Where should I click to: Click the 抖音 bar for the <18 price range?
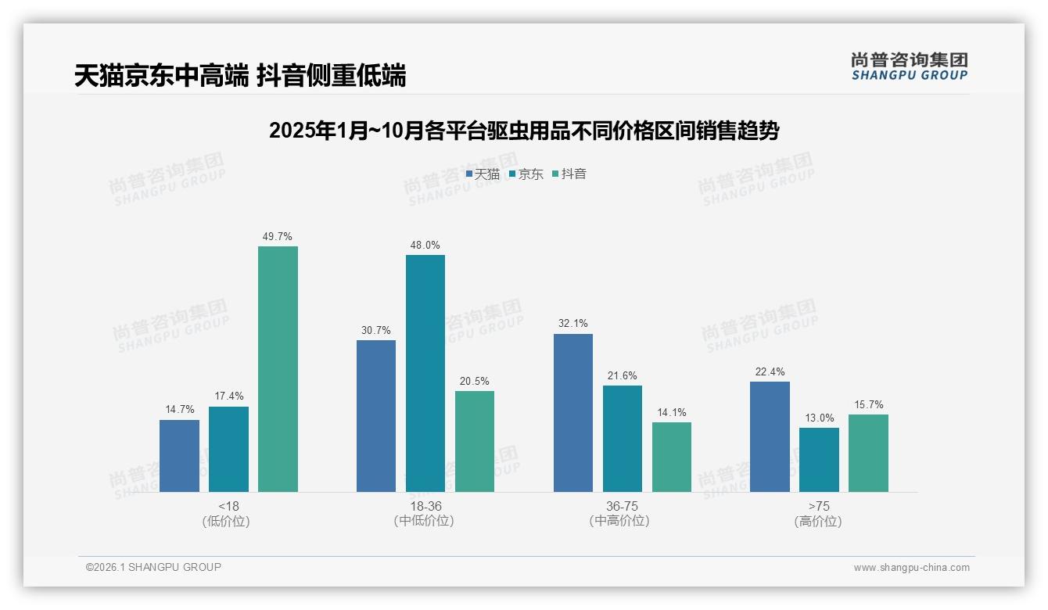[x=278, y=369]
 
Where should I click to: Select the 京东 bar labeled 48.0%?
[x=425, y=373]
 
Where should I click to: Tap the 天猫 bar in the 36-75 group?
[x=573, y=413]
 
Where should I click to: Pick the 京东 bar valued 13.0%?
[x=819, y=460]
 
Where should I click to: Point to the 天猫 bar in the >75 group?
[x=770, y=436]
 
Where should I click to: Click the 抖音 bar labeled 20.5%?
[x=475, y=441]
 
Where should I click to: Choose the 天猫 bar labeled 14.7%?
[x=179, y=456]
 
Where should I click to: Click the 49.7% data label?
[x=278, y=236]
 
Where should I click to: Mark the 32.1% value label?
[x=573, y=324]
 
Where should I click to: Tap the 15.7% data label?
[x=869, y=404]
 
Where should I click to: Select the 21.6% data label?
[x=623, y=375]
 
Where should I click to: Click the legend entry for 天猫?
[x=483, y=174]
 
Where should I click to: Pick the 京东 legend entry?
[x=526, y=174]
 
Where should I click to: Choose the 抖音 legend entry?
[x=569, y=174]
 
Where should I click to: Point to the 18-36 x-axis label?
[x=425, y=506]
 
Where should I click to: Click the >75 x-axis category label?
[x=819, y=506]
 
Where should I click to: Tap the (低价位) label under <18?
[x=227, y=521]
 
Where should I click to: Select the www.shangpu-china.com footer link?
[x=911, y=568]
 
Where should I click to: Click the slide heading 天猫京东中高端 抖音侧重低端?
[x=240, y=76]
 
